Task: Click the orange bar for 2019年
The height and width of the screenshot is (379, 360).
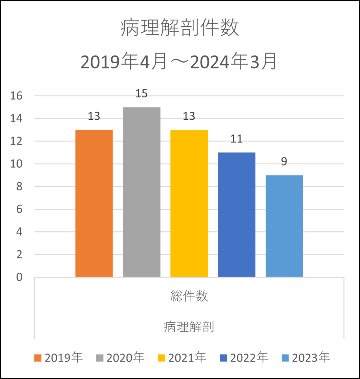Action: click(x=94, y=204)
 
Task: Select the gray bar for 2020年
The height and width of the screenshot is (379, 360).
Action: click(x=142, y=192)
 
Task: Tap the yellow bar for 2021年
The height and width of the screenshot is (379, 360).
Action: click(x=189, y=204)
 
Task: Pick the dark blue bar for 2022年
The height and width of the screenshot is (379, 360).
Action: click(x=236, y=215)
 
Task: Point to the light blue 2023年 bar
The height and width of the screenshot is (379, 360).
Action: click(x=284, y=226)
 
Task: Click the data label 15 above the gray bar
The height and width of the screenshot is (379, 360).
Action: click(x=141, y=94)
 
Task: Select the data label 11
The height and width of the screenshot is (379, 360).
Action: click(x=236, y=139)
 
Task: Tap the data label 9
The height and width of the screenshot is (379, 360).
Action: click(x=284, y=162)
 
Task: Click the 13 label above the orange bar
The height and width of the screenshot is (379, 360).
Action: click(x=94, y=117)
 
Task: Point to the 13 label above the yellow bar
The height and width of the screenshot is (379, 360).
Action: click(x=189, y=117)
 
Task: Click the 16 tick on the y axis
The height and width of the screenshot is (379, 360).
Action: click(x=17, y=96)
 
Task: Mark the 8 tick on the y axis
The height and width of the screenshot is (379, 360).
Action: click(x=19, y=187)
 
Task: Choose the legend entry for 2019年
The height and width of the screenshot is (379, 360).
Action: click(x=58, y=358)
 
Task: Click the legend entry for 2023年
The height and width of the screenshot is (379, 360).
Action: click(x=305, y=358)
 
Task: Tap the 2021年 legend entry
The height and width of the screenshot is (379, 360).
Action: click(x=182, y=358)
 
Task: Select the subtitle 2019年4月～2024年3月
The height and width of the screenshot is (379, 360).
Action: click(x=179, y=62)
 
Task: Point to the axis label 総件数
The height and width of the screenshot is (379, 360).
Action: click(x=189, y=296)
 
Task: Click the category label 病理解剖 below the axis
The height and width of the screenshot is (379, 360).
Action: click(x=189, y=328)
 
